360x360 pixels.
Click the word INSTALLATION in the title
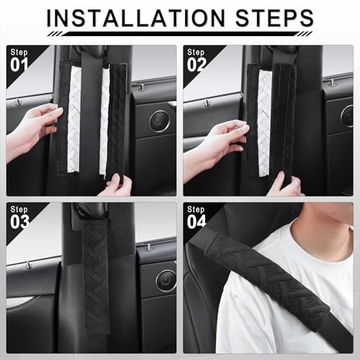coord(136,18)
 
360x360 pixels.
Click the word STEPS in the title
coord(274,18)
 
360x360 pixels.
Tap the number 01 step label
coord(19,65)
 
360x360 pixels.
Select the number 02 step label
coord(197,65)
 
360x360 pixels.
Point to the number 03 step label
coord(19,222)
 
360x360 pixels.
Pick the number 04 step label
coord(197,222)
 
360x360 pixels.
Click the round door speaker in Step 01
coord(159,122)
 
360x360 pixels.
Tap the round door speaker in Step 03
coord(166,281)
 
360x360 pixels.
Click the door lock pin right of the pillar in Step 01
coord(142,87)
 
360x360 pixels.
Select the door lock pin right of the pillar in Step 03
coord(148,247)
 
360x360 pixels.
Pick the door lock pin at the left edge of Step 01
coord(18,103)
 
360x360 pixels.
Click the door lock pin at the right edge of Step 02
coord(332,82)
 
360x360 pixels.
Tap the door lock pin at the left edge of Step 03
coord(28,265)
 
